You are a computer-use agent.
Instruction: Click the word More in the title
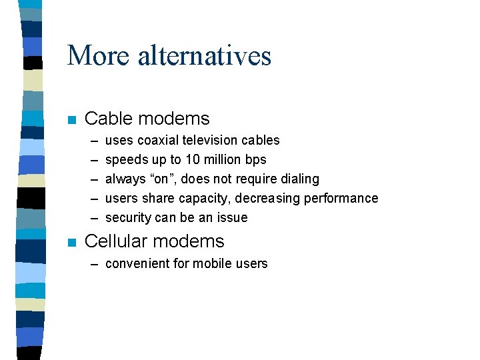(99, 55)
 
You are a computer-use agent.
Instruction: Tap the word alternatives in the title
(205, 55)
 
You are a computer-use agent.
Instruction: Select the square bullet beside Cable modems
(71, 121)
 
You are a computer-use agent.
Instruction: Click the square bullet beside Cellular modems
(71, 243)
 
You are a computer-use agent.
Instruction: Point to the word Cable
(105, 119)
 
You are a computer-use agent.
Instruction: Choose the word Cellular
(116, 241)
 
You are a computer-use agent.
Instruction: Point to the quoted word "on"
(159, 179)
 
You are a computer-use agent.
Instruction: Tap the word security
(128, 218)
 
